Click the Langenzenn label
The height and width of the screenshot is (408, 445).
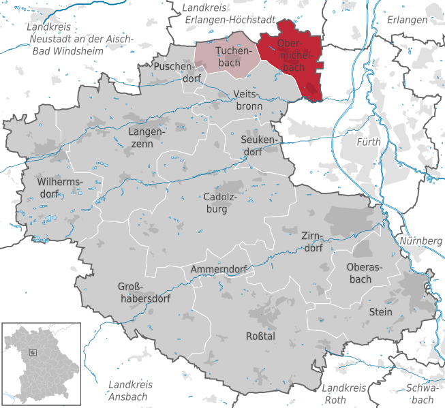click(146, 138)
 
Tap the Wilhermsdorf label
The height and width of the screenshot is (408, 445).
click(60, 189)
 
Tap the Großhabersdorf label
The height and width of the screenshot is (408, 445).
click(143, 292)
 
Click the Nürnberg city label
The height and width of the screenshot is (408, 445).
click(421, 241)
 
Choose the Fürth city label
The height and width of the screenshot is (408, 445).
click(369, 142)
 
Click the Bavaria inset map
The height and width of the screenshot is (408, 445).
click(42, 362)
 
